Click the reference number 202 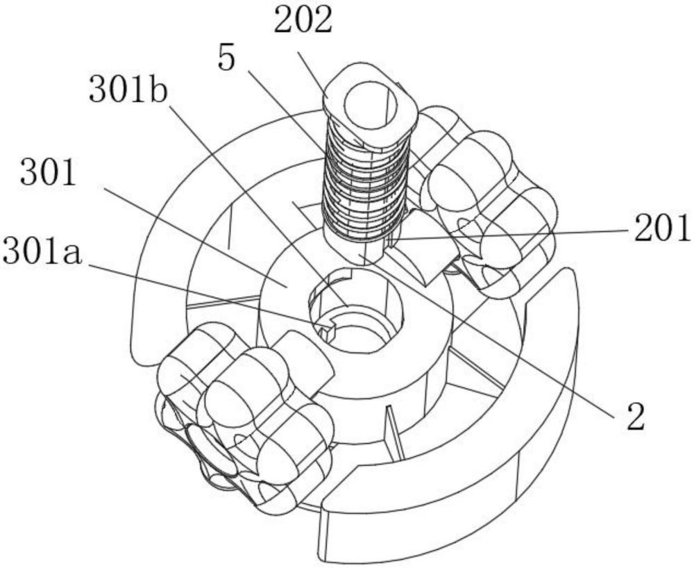click(303, 22)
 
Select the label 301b click(128, 90)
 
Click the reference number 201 click(662, 228)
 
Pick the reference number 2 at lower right click(636, 417)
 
